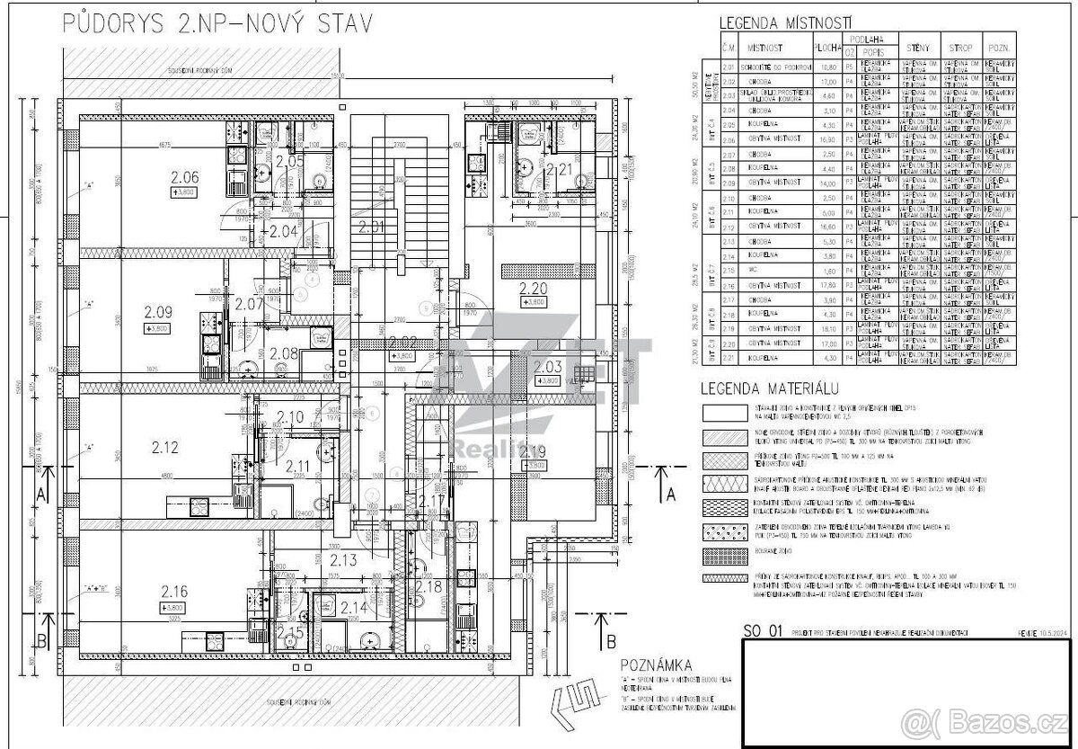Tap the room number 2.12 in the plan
(x=165, y=446)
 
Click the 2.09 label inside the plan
(x=158, y=313)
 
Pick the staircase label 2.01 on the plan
(x=371, y=226)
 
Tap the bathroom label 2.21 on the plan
(x=559, y=168)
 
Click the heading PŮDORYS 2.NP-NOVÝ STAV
(x=216, y=24)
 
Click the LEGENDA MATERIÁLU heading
(x=770, y=388)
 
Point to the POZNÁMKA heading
(x=656, y=664)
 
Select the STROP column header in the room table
(x=955, y=47)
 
